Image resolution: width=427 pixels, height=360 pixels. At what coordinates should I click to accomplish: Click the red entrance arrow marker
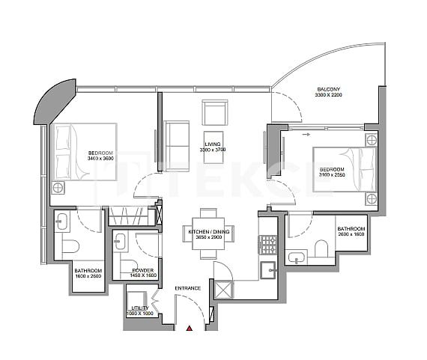[190, 327]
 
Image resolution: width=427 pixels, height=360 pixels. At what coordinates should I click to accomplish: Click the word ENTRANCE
[187, 288]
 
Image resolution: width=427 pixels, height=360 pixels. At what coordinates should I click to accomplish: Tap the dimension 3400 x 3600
[100, 159]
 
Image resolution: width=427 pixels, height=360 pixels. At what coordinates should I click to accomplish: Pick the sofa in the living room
[177, 135]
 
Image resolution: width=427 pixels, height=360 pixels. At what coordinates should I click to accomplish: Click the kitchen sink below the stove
[268, 269]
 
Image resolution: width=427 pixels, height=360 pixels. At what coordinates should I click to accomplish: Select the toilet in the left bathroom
[70, 246]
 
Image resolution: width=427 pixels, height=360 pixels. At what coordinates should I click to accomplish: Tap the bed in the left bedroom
[84, 152]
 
